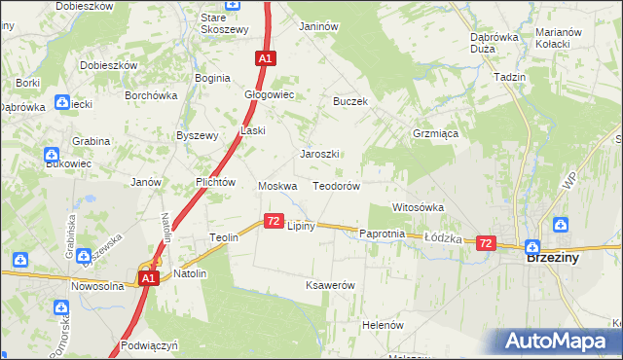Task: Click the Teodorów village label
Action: pyautogui.click(x=337, y=186)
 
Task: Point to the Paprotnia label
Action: pyautogui.click(x=382, y=234)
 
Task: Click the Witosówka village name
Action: pyautogui.click(x=418, y=207)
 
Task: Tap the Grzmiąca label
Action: pyautogui.click(x=435, y=134)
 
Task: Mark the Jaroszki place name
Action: pyautogui.click(x=319, y=155)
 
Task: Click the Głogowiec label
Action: pyautogui.click(x=269, y=95)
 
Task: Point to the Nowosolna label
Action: pyautogui.click(x=102, y=287)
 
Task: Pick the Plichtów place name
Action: pyautogui.click(x=216, y=182)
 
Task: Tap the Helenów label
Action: pyautogui.click(x=383, y=325)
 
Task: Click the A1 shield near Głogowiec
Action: pyautogui.click(x=266, y=58)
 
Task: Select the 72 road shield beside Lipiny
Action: pyautogui.click(x=273, y=222)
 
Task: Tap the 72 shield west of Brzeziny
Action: pyautogui.click(x=487, y=243)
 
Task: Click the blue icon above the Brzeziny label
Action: pyautogui.click(x=532, y=246)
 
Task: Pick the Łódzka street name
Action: pyautogui.click(x=442, y=237)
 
